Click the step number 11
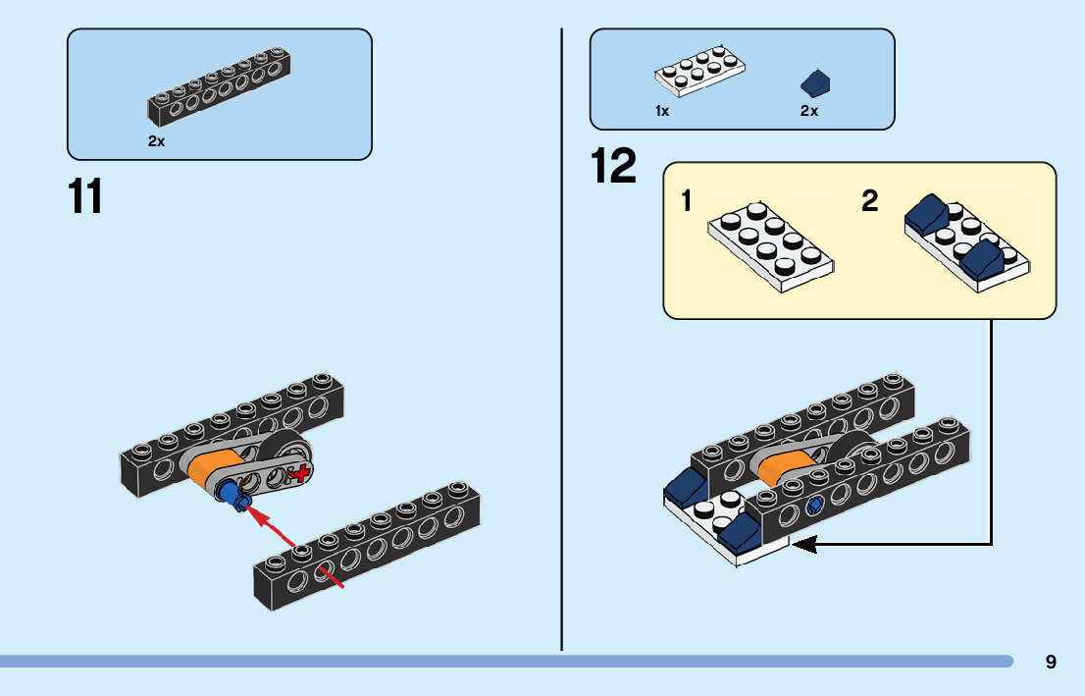click(85, 196)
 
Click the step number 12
click(614, 166)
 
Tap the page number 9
click(1051, 662)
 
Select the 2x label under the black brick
click(156, 141)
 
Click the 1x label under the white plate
click(662, 111)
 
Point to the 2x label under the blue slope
click(808, 111)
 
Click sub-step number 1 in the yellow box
click(687, 202)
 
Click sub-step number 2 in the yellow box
click(869, 202)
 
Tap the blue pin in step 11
click(232, 496)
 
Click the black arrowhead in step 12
click(803, 543)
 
